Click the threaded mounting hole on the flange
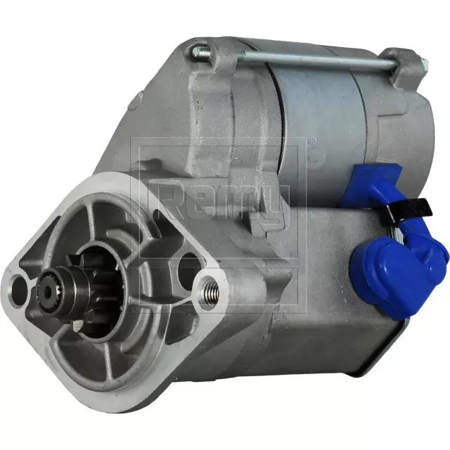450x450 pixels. pos(208,287)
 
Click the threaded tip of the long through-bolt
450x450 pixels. pos(201,50)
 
